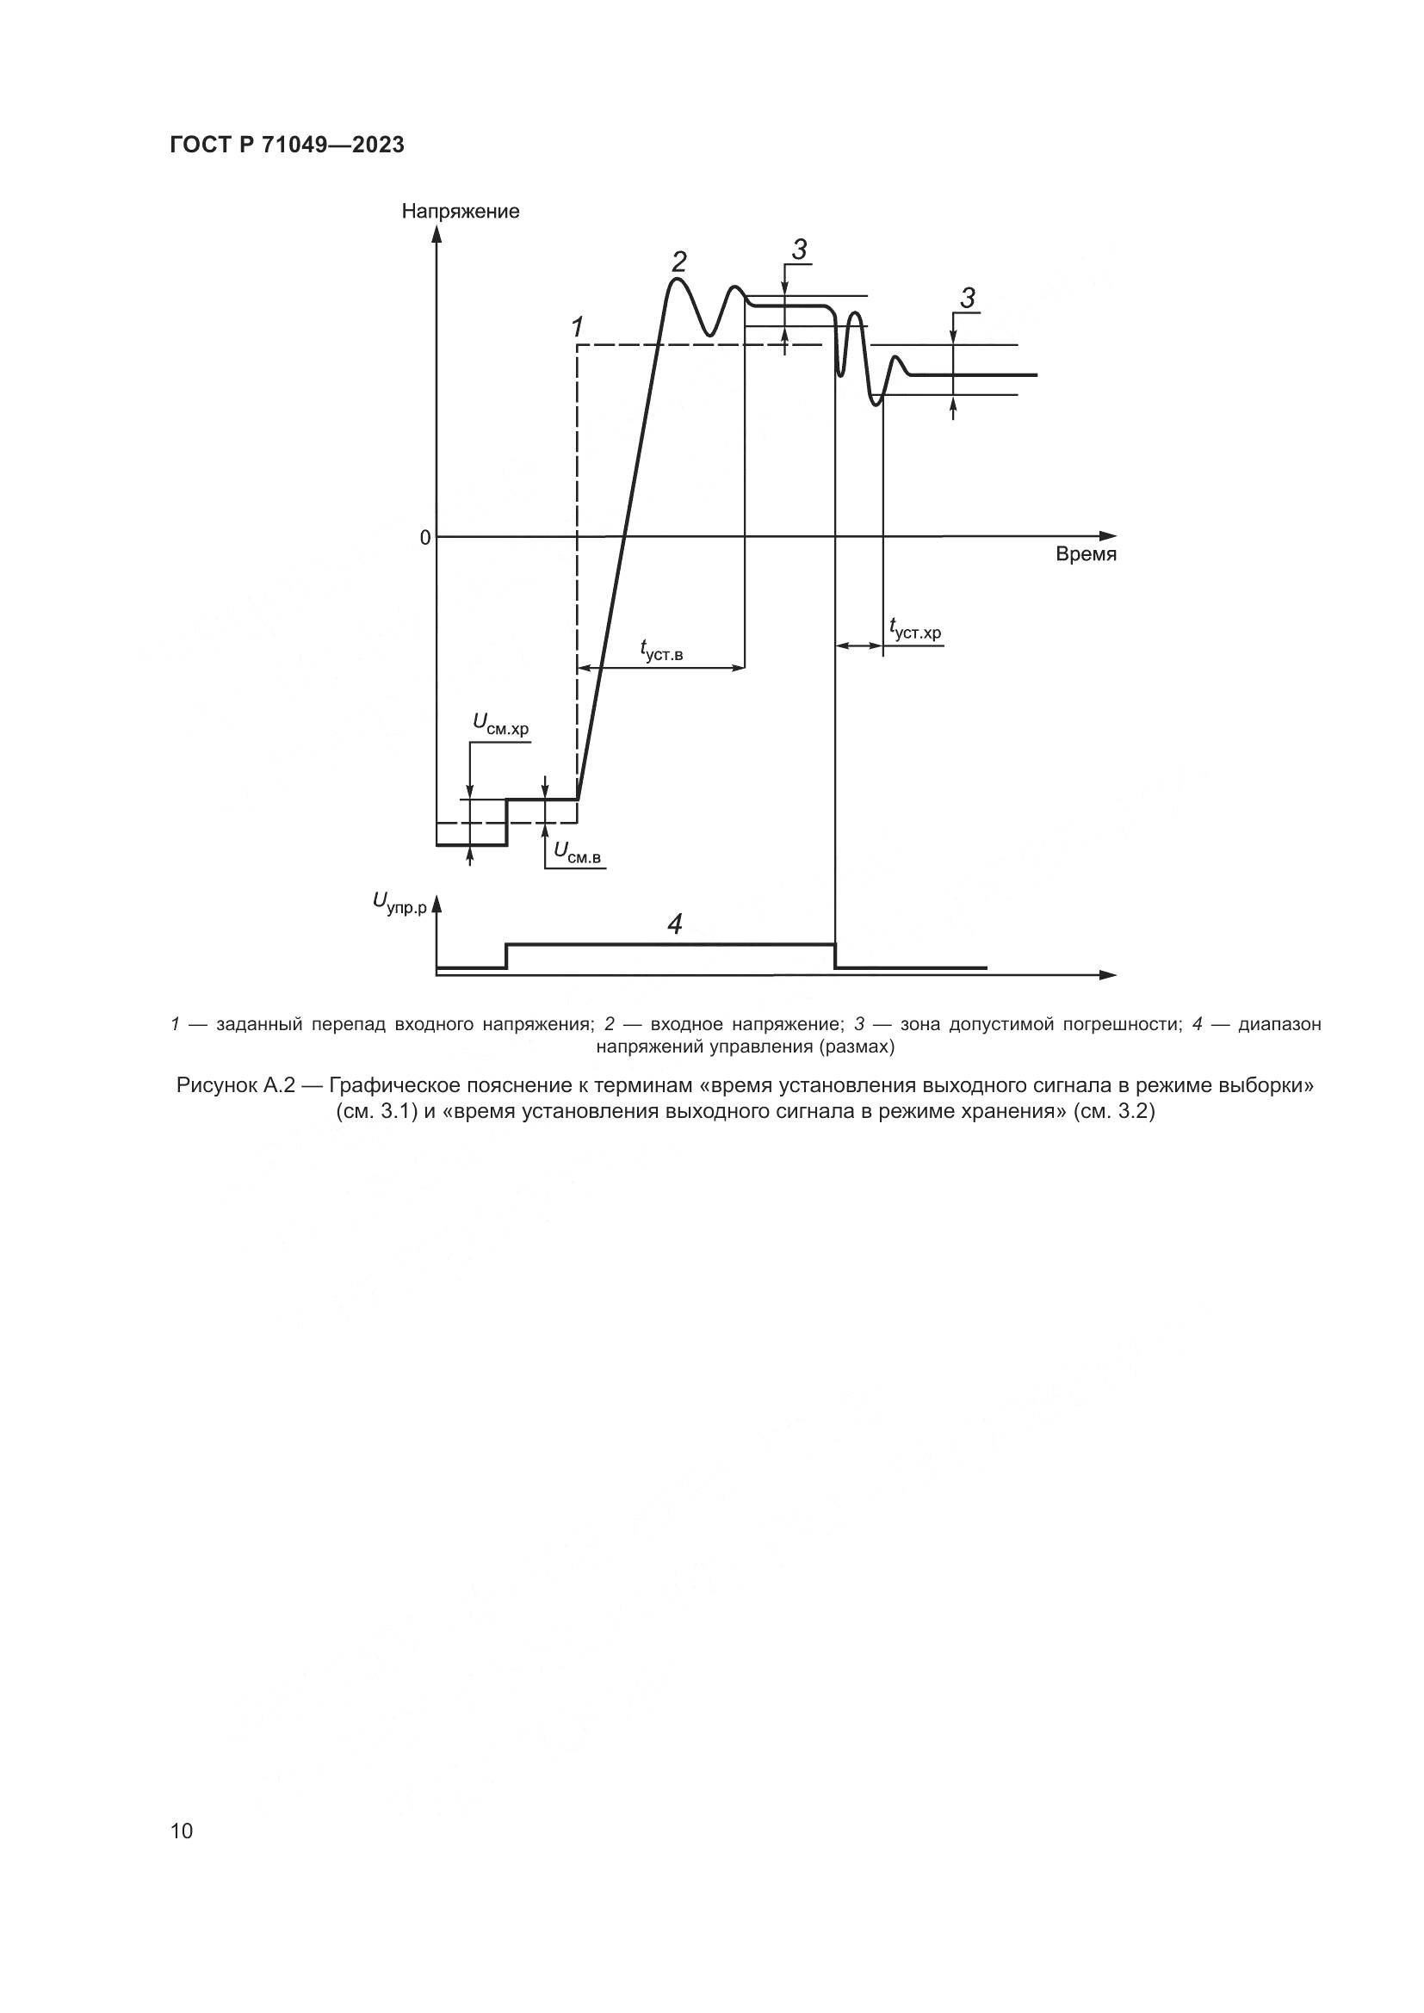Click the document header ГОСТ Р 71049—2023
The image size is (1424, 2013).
click(x=287, y=145)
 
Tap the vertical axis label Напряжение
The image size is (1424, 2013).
click(x=461, y=212)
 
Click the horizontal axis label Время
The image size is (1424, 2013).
click(x=1086, y=555)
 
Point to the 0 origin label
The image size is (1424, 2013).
click(x=425, y=537)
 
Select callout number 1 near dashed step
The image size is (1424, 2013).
click(x=577, y=328)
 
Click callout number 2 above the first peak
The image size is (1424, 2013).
click(x=678, y=262)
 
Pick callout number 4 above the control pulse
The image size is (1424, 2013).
click(x=674, y=924)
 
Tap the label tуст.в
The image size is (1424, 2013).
click(x=661, y=650)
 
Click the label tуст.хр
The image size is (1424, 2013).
click(x=913, y=629)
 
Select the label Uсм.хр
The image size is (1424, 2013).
click(x=501, y=724)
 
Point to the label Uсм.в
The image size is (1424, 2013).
click(x=577, y=851)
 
